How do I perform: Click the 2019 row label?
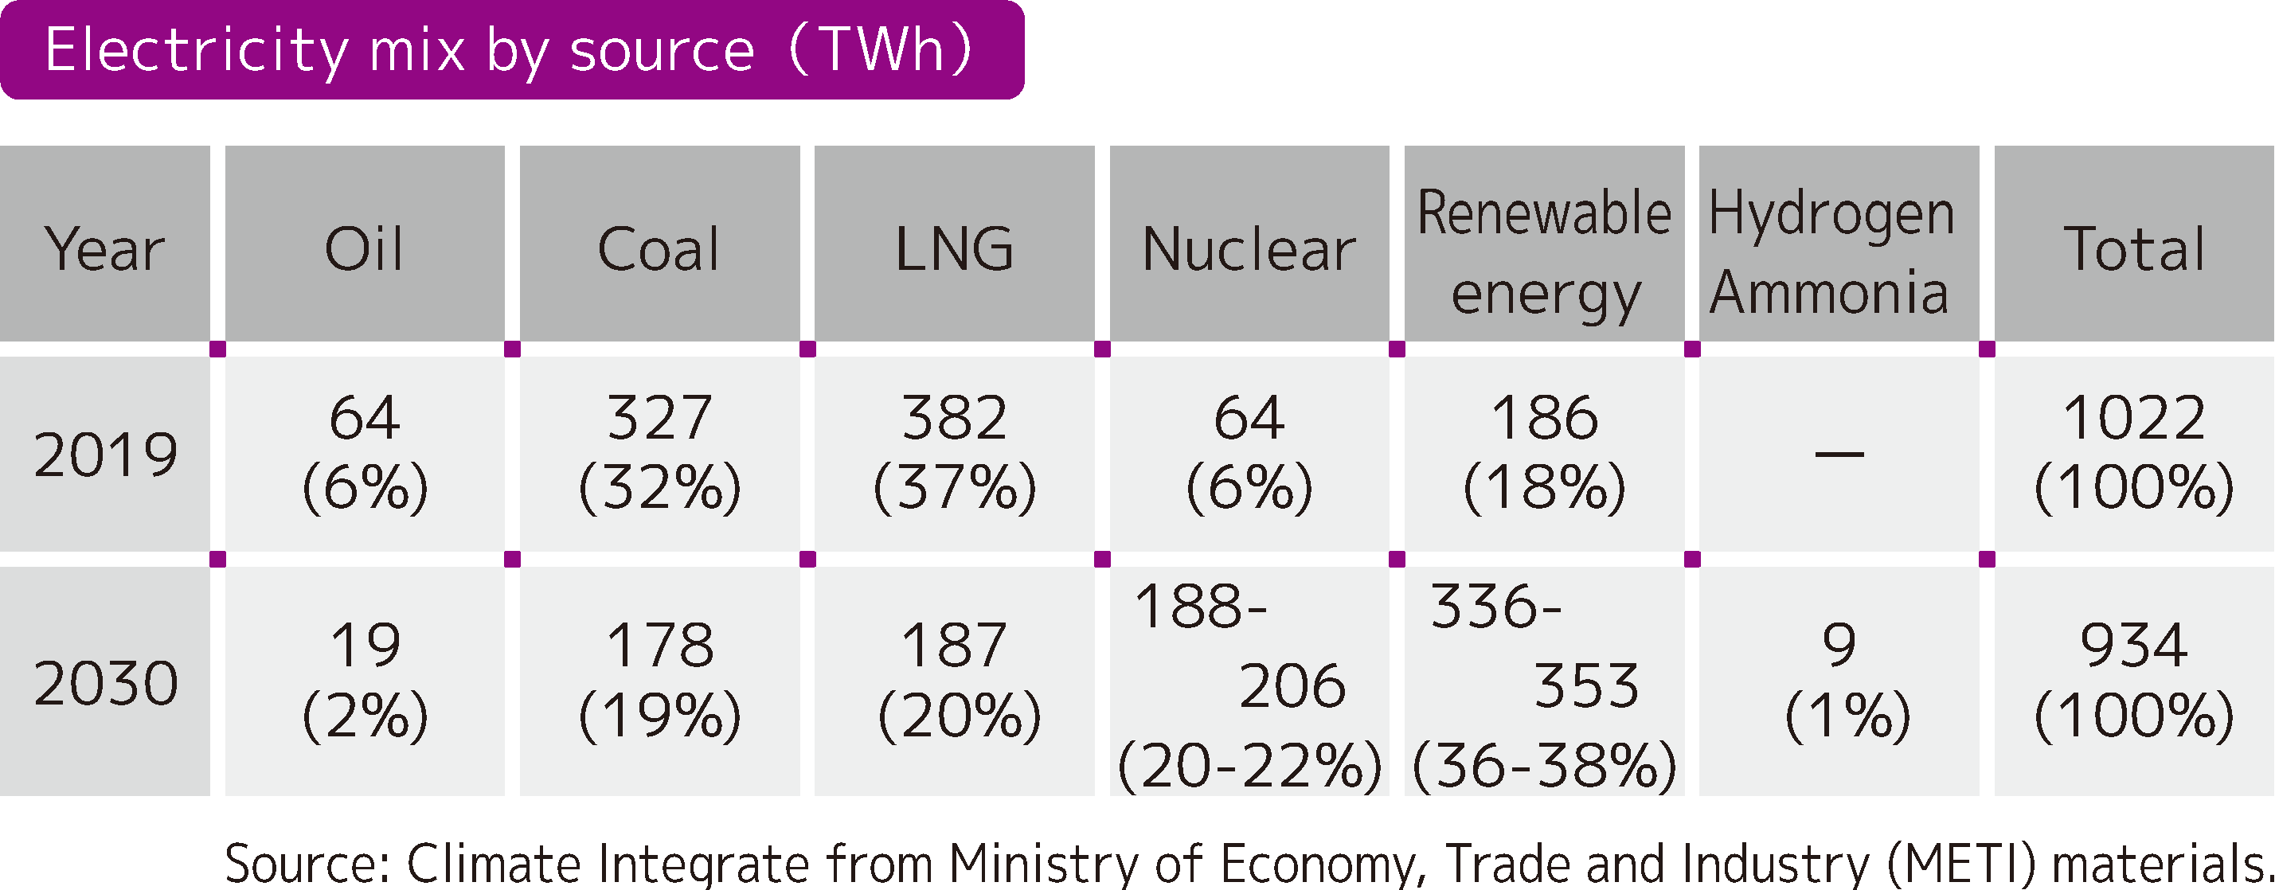[105, 455]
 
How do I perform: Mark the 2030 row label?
[105, 682]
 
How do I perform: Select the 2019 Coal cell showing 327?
[659, 452]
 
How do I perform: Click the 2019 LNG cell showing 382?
[954, 452]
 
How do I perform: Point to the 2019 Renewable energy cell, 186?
[1544, 452]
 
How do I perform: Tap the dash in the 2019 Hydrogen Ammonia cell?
[1839, 455]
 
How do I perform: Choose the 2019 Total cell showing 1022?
[2134, 452]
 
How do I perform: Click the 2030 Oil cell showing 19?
[364, 680]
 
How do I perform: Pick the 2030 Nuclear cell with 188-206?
[1249, 685]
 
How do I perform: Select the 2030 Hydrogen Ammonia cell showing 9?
[1840, 680]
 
